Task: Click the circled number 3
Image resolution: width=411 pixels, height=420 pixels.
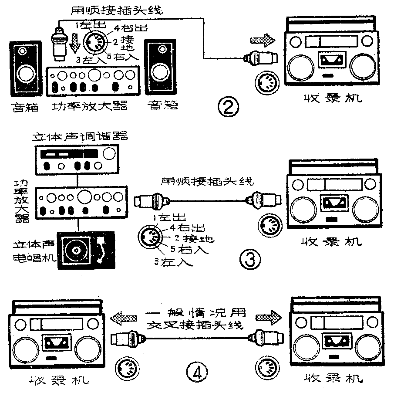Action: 250,260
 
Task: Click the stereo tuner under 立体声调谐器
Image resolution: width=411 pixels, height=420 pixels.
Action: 77,159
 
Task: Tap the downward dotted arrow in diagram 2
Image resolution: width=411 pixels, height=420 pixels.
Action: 75,42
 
